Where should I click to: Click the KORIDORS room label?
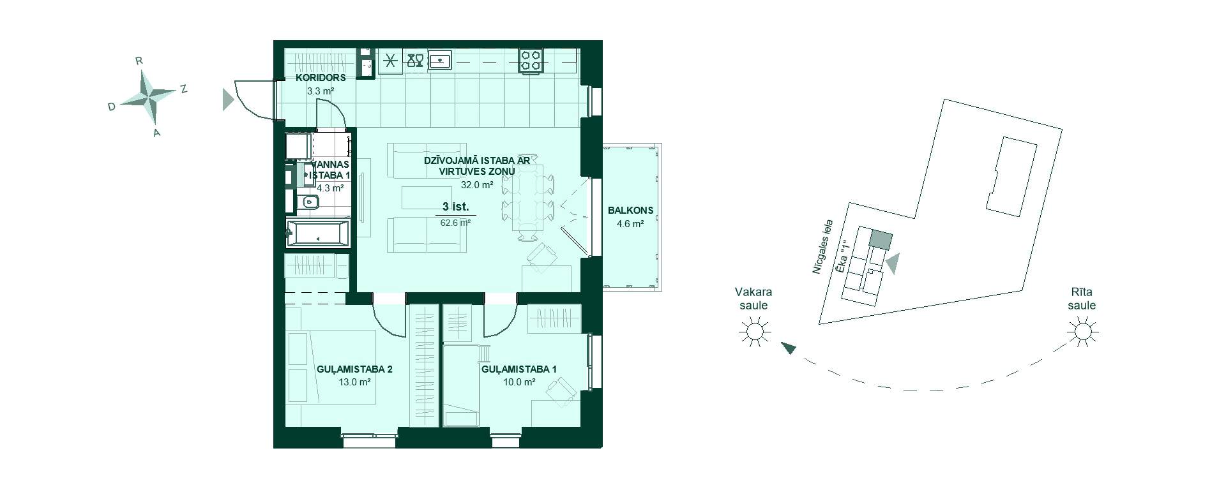click(x=321, y=78)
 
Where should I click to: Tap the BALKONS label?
click(x=630, y=210)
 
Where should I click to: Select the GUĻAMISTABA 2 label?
click(x=354, y=369)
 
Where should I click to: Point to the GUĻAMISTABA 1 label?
click(x=519, y=369)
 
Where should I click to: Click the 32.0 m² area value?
click(x=477, y=185)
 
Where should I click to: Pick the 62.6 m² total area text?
click(x=456, y=223)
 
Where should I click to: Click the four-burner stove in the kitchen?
click(x=531, y=60)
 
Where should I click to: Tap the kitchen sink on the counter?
click(x=441, y=60)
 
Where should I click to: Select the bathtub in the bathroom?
click(x=317, y=234)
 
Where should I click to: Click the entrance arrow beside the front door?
click(x=228, y=100)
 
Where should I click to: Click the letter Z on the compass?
click(x=183, y=89)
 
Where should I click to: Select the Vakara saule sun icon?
click(x=753, y=332)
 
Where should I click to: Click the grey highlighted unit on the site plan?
click(x=880, y=240)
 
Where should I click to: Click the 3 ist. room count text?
click(x=456, y=207)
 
